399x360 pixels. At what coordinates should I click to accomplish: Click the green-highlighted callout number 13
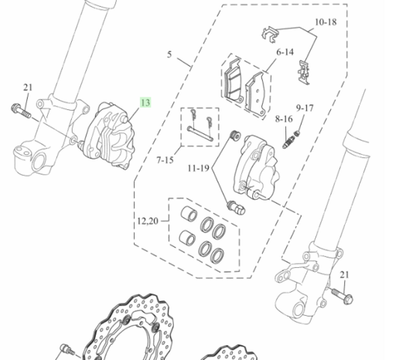pyautogui.click(x=145, y=102)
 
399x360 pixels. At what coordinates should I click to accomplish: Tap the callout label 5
pyautogui.click(x=169, y=54)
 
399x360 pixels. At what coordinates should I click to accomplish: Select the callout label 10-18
pyautogui.click(x=326, y=22)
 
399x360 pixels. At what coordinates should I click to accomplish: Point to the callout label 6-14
pyautogui.click(x=285, y=52)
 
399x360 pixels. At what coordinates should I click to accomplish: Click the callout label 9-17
pyautogui.click(x=305, y=108)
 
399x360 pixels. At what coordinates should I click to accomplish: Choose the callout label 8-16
pyautogui.click(x=284, y=119)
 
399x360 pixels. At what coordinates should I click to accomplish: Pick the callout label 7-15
pyautogui.click(x=165, y=160)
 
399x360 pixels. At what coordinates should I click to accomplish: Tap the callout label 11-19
pyautogui.click(x=199, y=169)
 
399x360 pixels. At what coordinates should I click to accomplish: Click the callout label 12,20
pyautogui.click(x=148, y=221)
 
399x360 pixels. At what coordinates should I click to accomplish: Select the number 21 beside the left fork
pyautogui.click(x=28, y=87)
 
